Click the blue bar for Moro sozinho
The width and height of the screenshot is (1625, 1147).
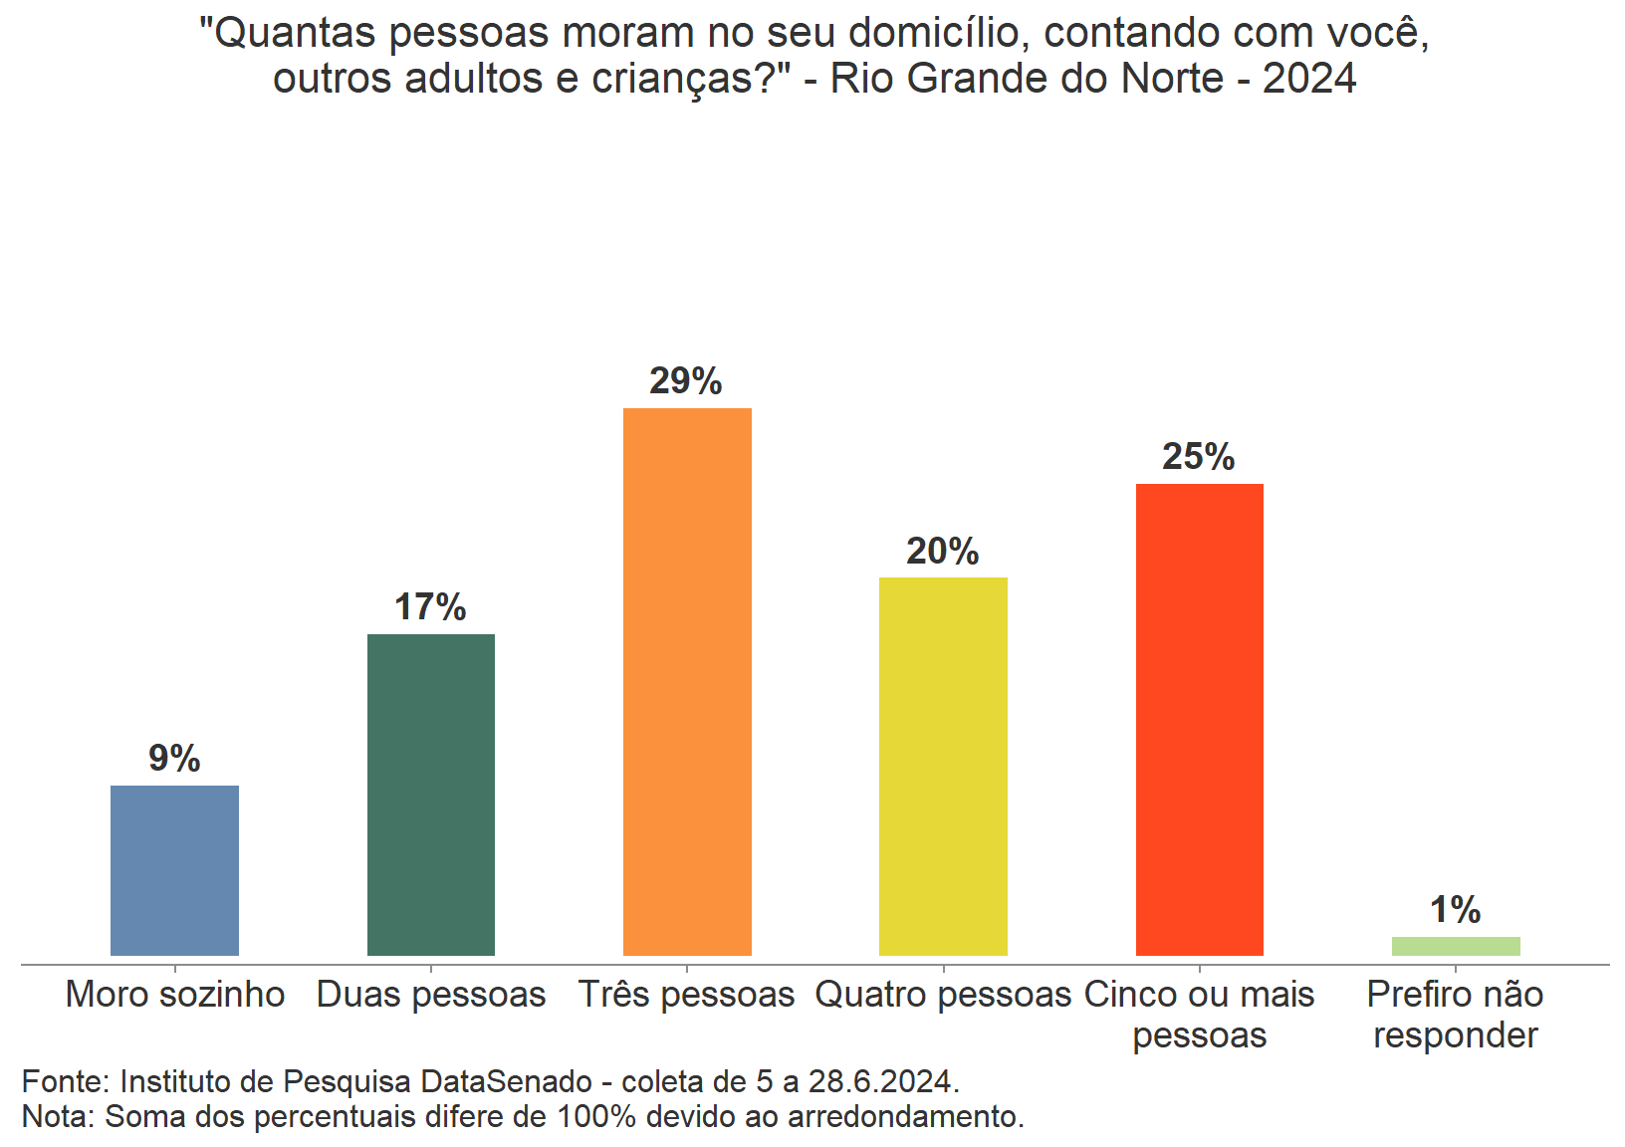click(174, 870)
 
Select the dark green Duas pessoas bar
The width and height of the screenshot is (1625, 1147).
click(431, 795)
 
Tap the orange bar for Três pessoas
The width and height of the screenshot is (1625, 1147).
click(687, 682)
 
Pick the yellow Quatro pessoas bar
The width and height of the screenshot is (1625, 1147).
click(943, 767)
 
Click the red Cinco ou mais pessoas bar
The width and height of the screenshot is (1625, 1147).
click(1199, 720)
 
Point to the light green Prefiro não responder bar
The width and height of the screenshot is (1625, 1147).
click(1456, 946)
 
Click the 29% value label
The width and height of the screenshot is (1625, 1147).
click(686, 381)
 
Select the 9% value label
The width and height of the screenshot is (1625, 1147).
click(174, 759)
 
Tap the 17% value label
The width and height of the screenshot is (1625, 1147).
click(430, 607)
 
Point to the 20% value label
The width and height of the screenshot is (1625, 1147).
click(942, 552)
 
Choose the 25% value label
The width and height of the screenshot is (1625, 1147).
click(1199, 457)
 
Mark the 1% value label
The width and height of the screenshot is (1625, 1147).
click(1455, 910)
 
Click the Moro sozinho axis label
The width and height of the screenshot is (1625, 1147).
click(175, 995)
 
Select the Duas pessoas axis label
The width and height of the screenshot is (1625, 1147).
click(431, 995)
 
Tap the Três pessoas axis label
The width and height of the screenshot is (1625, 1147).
click(687, 995)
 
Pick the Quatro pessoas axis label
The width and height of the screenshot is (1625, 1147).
click(943, 995)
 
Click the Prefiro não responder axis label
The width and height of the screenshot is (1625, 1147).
click(1456, 1015)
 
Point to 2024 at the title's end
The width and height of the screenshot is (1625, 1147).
click(1309, 79)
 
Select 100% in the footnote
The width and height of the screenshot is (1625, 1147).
click(595, 1117)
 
